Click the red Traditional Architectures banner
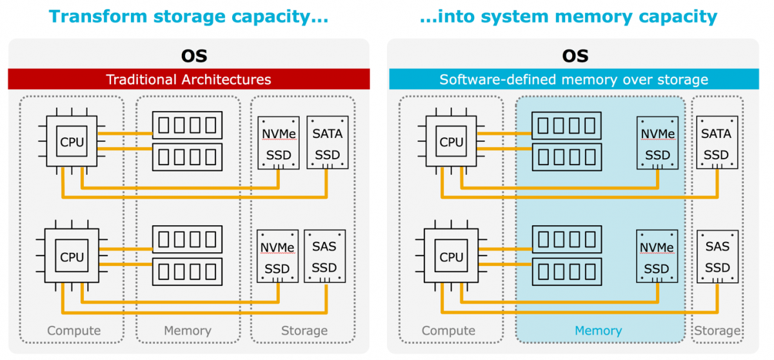[188, 79]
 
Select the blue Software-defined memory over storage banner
[573, 79]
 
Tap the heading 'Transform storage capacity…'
[188, 16]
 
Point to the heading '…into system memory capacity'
[568, 16]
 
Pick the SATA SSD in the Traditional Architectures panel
[327, 143]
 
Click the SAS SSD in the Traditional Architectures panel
[324, 256]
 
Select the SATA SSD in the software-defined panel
[717, 143]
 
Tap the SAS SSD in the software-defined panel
[717, 256]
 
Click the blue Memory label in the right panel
[598, 331]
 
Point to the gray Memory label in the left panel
[187, 331]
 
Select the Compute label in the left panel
[74, 331]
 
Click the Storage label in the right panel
[717, 331]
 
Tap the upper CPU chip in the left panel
[72, 143]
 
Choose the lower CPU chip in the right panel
[451, 257]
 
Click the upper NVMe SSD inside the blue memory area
[657, 143]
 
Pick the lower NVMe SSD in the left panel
[277, 256]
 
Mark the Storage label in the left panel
[304, 331]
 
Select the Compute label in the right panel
[448, 331]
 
